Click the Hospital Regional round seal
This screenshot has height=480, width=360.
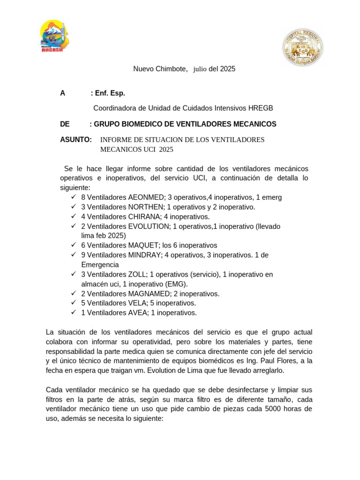(302, 46)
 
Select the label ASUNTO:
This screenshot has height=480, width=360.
(76, 140)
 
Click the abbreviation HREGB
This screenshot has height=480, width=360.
(261, 108)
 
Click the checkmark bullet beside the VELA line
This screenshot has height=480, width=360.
(74, 303)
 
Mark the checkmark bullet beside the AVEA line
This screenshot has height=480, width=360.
(74, 312)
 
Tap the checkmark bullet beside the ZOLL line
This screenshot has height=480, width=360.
(74, 274)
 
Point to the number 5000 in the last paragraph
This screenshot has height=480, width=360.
(274, 409)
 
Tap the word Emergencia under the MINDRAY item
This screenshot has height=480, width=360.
(100, 265)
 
